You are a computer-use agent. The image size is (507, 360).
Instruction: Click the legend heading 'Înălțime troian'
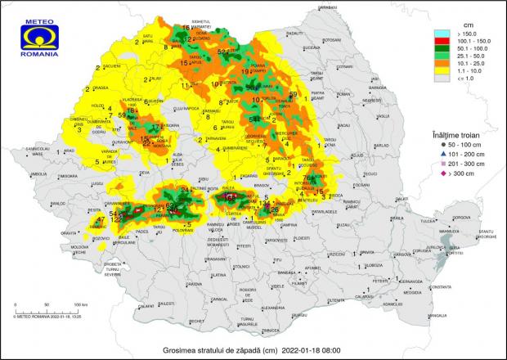click(454, 133)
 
